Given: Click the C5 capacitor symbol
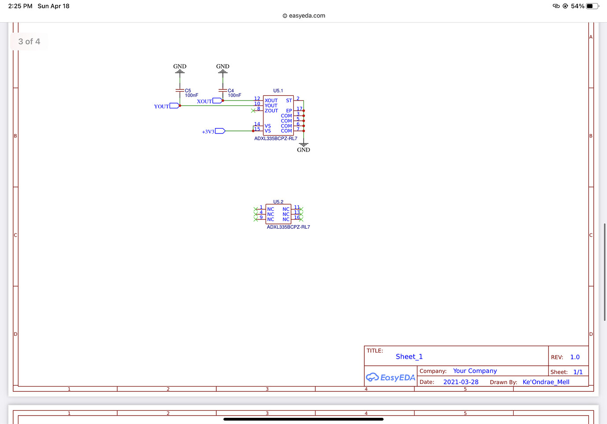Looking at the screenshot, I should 180,90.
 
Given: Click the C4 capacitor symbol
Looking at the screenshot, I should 222,90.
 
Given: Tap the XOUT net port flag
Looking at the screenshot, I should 217,101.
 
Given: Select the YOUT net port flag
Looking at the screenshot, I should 174,106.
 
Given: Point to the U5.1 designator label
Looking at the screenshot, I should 278,91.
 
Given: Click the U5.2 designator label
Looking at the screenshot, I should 278,202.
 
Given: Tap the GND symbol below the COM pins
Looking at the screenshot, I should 303,145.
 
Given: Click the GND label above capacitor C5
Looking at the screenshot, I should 180,67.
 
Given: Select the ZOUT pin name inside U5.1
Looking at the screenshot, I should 271,111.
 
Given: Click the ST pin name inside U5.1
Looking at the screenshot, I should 289,100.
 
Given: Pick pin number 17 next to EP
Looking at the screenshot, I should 299,108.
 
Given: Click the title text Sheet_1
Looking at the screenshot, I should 409,357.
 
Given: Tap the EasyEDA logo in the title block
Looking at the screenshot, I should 390,377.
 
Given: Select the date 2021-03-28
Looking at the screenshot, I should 460,382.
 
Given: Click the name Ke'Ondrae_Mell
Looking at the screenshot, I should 546,382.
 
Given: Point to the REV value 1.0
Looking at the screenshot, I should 575,357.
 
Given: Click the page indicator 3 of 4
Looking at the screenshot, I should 29,41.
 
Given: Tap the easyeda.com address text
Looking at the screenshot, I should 307,15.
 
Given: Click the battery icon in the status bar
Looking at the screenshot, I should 592,6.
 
